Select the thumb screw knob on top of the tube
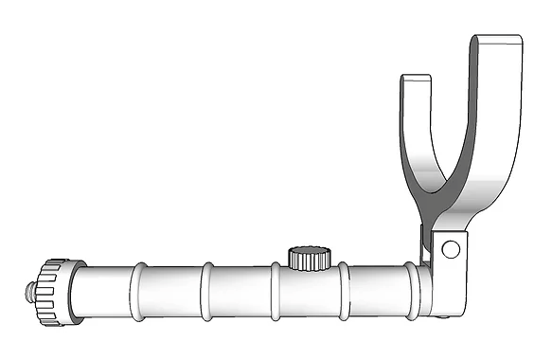click(308, 257)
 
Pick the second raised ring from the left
click(205, 292)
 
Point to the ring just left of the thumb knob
click(276, 292)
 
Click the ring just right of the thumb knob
click(343, 292)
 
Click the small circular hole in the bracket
click(450, 249)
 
